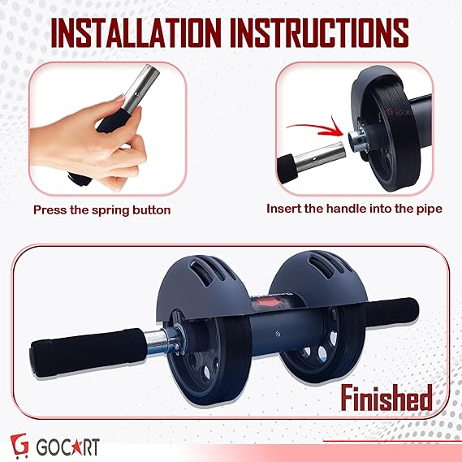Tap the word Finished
374,399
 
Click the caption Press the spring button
101,209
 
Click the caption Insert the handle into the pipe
355,209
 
